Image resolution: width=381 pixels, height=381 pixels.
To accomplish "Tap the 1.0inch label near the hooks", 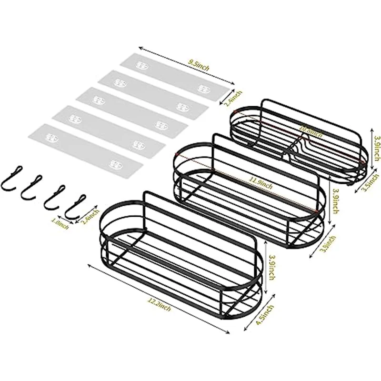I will tap(61, 222).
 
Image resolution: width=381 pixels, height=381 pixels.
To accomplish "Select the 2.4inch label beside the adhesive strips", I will tap(237, 99).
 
